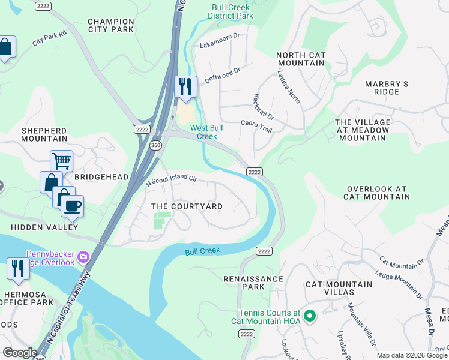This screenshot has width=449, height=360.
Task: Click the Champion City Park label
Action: coord(110,25)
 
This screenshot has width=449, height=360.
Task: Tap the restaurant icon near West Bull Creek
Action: coord(185,86)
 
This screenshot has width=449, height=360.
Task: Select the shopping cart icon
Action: coord(61,161)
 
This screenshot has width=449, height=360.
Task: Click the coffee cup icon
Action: coord(73,206)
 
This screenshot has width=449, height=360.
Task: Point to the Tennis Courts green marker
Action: coord(310,316)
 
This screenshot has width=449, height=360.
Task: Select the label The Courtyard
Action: coord(187,206)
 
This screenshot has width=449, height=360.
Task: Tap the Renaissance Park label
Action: coord(253,283)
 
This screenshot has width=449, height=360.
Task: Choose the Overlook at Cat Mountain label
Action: coord(376,193)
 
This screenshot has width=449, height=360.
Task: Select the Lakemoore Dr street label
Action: coord(220,44)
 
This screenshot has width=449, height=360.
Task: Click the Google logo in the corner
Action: coord(20,353)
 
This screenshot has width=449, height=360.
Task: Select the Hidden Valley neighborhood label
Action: coord(44,227)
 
